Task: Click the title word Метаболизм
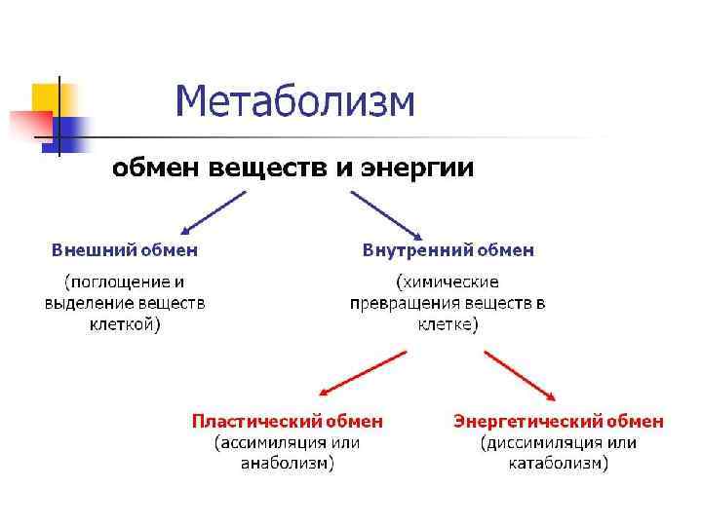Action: [295, 101]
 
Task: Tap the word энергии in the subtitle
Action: [418, 169]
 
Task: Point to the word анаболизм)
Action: [288, 465]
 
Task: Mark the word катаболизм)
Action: [558, 465]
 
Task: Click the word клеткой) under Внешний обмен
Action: [125, 324]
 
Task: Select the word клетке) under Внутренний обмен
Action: [448, 324]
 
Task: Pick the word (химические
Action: [448, 282]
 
